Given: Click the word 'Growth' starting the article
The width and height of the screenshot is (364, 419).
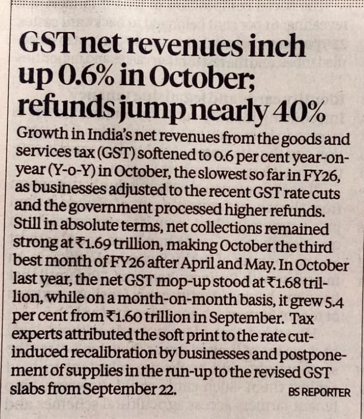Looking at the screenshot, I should (36, 134).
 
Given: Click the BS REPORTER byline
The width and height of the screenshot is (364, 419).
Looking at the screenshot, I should (319, 393).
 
